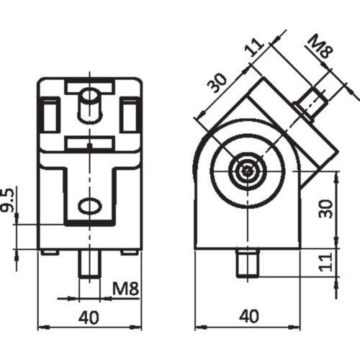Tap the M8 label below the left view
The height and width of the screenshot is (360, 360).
[x=126, y=291]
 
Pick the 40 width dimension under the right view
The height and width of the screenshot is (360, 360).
[x=248, y=316]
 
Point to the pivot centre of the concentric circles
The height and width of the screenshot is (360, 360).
[x=248, y=171]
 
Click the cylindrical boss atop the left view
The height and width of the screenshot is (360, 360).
[x=90, y=104]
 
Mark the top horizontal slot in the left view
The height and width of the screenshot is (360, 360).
[x=90, y=86]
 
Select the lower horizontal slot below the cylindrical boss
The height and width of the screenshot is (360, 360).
[x=90, y=143]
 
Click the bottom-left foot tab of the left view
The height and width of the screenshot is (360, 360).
[x=49, y=252]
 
